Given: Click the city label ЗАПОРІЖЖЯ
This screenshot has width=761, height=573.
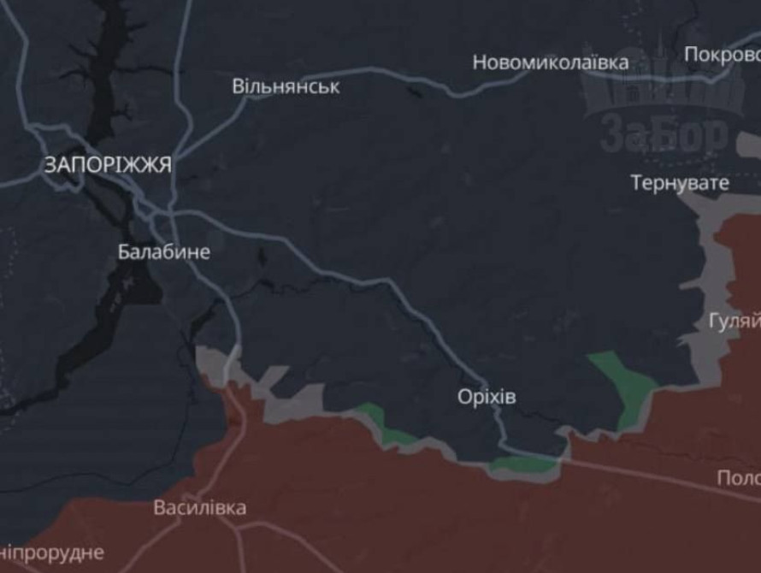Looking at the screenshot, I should click(x=107, y=165).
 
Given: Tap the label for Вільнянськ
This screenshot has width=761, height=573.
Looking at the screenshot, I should click(x=286, y=86).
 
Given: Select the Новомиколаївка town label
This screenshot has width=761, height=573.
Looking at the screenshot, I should click(x=550, y=62).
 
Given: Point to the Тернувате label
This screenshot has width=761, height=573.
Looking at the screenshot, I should click(x=680, y=182).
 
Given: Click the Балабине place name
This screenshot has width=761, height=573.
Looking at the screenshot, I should click(x=164, y=252).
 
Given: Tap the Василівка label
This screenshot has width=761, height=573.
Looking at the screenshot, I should click(x=200, y=508).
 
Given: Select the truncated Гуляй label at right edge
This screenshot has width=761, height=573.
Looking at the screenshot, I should click(x=735, y=322).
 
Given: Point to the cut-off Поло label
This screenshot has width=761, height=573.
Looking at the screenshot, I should click(x=739, y=477).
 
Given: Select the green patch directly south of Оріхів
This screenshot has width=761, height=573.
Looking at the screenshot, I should click(x=522, y=464).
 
